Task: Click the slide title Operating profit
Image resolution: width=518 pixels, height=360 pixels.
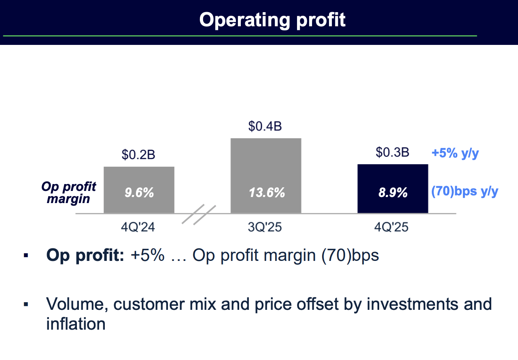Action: tap(272, 19)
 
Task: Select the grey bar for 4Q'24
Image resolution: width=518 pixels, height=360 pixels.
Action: tap(139, 178)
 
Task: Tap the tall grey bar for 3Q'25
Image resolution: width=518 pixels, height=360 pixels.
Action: tap(266, 162)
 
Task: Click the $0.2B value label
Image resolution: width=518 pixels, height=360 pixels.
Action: tap(138, 155)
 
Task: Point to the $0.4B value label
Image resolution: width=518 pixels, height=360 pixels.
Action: tap(265, 126)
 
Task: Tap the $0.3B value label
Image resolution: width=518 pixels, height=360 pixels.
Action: tap(393, 152)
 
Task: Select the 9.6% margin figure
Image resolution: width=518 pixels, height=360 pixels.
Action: tap(139, 193)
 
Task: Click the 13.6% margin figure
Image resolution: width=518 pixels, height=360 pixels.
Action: tap(266, 193)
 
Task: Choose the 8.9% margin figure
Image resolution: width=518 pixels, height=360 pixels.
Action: tap(393, 193)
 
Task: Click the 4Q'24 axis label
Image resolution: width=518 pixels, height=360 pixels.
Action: tap(138, 227)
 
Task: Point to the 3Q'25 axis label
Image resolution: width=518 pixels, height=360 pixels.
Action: tap(265, 227)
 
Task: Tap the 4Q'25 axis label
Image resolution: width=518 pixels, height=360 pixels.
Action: tap(392, 227)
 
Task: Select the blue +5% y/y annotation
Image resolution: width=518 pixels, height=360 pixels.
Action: tap(455, 154)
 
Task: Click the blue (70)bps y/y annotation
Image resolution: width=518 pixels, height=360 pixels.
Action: tap(465, 191)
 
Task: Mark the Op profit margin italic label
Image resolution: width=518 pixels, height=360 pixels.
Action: tap(69, 193)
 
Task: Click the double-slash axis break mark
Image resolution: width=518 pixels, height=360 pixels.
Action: tap(199, 215)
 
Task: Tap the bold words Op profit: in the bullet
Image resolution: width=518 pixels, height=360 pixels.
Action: tap(85, 256)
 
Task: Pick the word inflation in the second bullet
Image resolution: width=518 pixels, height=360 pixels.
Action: tap(76, 324)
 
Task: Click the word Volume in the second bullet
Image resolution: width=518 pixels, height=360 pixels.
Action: tap(76, 304)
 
